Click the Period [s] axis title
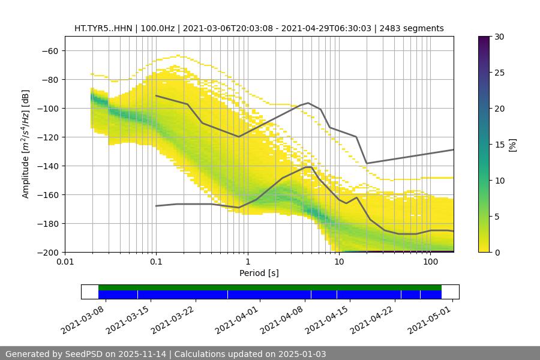click(259, 273)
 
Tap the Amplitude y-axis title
click(26, 144)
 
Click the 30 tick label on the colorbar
click(499, 37)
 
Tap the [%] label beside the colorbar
click(512, 144)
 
